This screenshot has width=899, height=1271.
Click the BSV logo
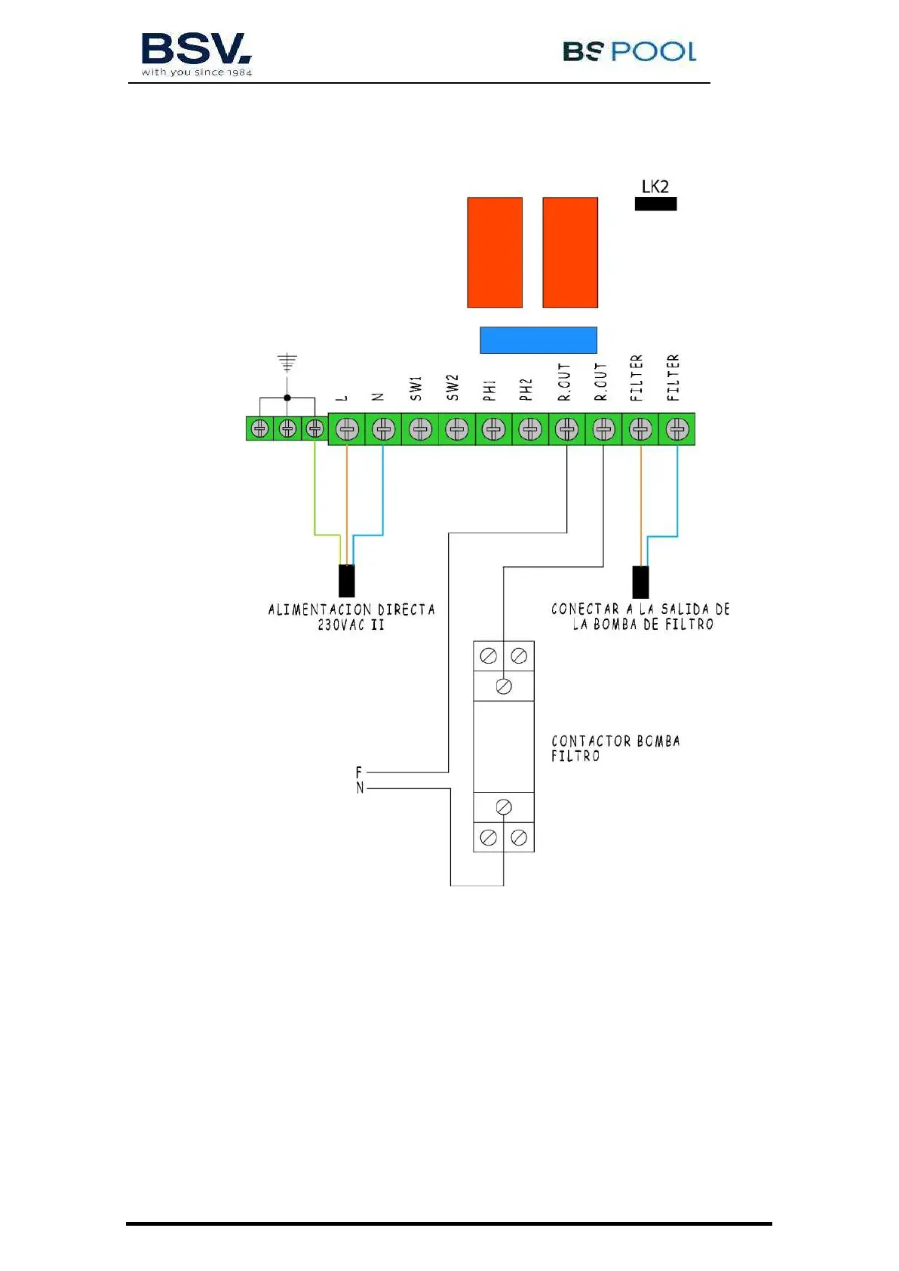[196, 53]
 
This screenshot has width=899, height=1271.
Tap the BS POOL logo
[629, 51]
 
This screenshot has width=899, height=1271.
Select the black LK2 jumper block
[655, 204]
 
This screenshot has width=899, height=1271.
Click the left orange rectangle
[495, 253]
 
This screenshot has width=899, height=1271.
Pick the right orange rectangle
[570, 253]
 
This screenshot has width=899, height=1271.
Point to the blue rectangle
[538, 340]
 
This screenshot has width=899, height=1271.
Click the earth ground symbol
[287, 363]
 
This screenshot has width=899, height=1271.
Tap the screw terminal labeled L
[347, 429]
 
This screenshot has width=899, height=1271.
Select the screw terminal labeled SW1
[420, 429]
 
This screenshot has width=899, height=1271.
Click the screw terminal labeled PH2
[530, 429]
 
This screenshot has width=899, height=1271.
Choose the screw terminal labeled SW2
[457, 429]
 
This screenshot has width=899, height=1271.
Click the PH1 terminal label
[490, 390]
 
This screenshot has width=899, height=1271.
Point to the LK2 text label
[655, 186]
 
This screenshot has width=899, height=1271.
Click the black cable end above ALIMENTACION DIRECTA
[347, 580]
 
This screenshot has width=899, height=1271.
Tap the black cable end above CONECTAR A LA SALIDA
[640, 582]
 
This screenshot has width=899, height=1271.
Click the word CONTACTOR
[591, 741]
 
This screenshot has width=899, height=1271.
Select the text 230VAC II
[351, 625]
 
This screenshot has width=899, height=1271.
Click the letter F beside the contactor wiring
[359, 772]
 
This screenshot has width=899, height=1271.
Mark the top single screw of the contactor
[504, 686]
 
